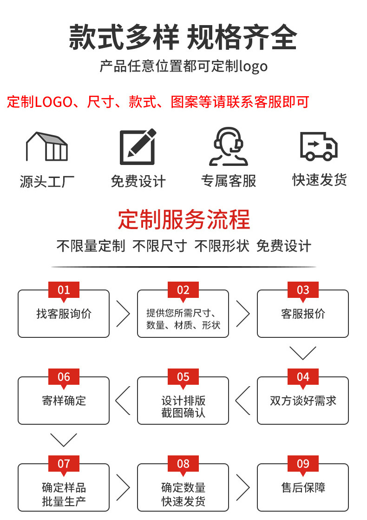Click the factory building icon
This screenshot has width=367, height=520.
pos(47,146)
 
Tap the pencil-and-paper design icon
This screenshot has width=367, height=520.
pos(138,147)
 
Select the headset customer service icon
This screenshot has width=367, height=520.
pos(229,146)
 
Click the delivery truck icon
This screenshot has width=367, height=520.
pos(319,146)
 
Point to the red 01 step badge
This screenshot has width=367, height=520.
pos(64,290)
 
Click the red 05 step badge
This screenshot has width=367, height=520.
pos(183,377)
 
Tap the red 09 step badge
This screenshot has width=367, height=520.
pos(303,464)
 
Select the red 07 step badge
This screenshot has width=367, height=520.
pos(64,464)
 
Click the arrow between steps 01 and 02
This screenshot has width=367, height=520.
pos(123,314)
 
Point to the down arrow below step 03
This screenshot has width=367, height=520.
pos(303,353)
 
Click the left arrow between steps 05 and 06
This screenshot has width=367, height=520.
pos(123,401)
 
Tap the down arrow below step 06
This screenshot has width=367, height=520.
pos(64,440)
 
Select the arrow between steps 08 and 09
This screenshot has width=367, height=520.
pos(243,487)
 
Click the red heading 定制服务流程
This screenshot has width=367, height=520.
pos(184,219)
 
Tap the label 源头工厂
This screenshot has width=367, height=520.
pos(47,181)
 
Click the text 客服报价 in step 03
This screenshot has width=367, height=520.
pos(303,314)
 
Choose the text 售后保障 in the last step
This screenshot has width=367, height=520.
pos(303,487)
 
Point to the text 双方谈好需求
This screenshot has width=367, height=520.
pos(303,401)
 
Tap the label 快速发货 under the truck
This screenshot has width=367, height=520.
pos(319,180)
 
